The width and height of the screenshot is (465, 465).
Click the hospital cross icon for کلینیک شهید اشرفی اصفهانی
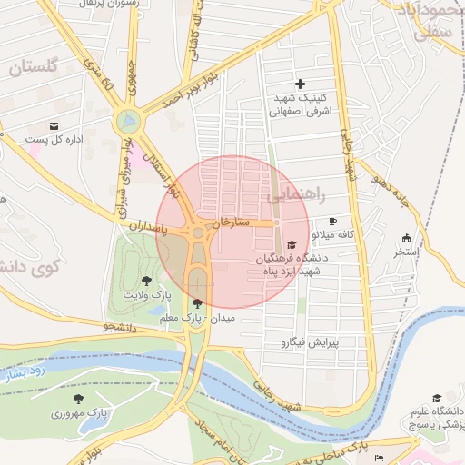301,84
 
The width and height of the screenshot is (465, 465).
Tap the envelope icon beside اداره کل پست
54,125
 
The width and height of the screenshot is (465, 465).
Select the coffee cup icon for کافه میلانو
332,222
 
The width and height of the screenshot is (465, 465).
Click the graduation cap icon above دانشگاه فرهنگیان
291,244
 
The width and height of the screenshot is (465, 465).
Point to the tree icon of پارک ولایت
147,281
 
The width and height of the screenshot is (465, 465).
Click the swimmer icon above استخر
405,238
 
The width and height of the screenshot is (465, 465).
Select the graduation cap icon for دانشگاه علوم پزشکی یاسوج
437,398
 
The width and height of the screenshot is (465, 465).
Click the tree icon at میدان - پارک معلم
198,303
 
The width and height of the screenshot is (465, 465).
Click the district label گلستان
34,66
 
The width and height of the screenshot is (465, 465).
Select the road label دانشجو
122,325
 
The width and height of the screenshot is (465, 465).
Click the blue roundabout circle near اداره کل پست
130,120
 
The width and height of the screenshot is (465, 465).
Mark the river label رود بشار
22,373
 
